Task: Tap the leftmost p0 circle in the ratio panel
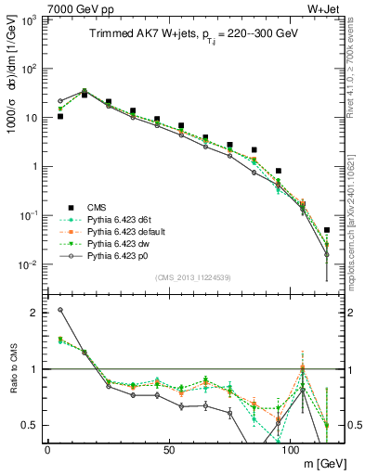click(60, 310)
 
